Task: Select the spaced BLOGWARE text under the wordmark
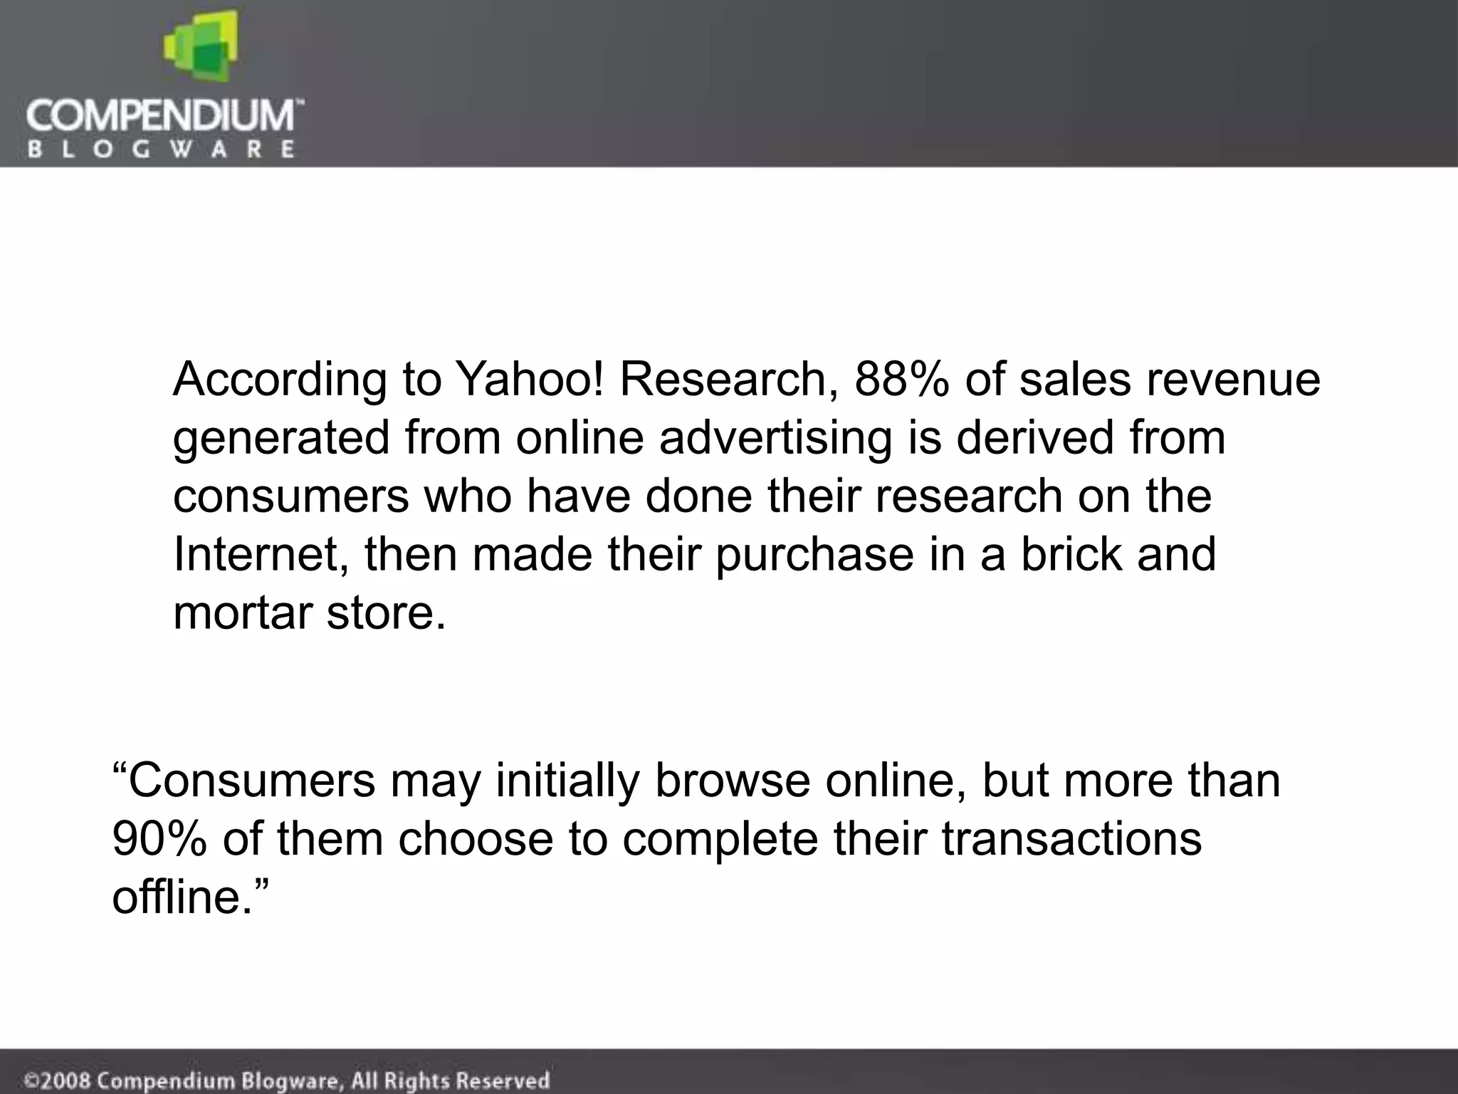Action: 161,150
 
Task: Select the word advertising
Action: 775,437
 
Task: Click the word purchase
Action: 814,554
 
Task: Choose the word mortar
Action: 241,613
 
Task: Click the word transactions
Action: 1071,838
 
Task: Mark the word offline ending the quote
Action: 182,897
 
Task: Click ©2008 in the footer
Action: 57,1080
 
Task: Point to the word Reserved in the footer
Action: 503,1080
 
